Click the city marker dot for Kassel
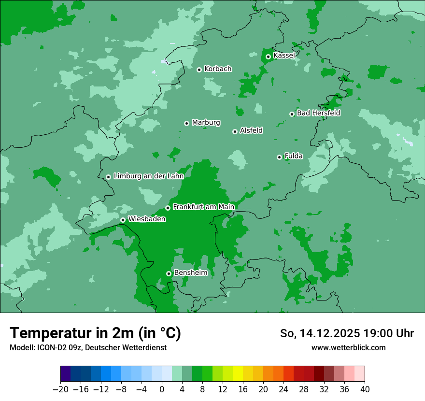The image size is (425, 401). point(268,57)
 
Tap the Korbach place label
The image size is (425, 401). point(218,69)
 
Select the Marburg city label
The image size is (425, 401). point(206,123)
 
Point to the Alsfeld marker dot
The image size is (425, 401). point(235,131)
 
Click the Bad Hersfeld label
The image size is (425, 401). point(318,113)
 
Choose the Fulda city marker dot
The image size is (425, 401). point(279,157)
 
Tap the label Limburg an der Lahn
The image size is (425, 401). point(148,176)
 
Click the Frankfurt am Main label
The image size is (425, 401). point(203,207)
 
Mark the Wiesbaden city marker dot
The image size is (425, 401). point(123,220)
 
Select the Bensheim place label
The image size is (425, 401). point(190,273)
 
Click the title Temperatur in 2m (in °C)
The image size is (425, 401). point(96,333)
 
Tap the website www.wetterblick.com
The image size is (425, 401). point(348,347)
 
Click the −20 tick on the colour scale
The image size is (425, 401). point(60,389)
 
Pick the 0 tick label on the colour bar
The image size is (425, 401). point(162,389)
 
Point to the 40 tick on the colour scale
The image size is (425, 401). point(365,389)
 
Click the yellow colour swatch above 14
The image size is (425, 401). point(238,374)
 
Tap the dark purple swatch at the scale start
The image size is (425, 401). point(66,374)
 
